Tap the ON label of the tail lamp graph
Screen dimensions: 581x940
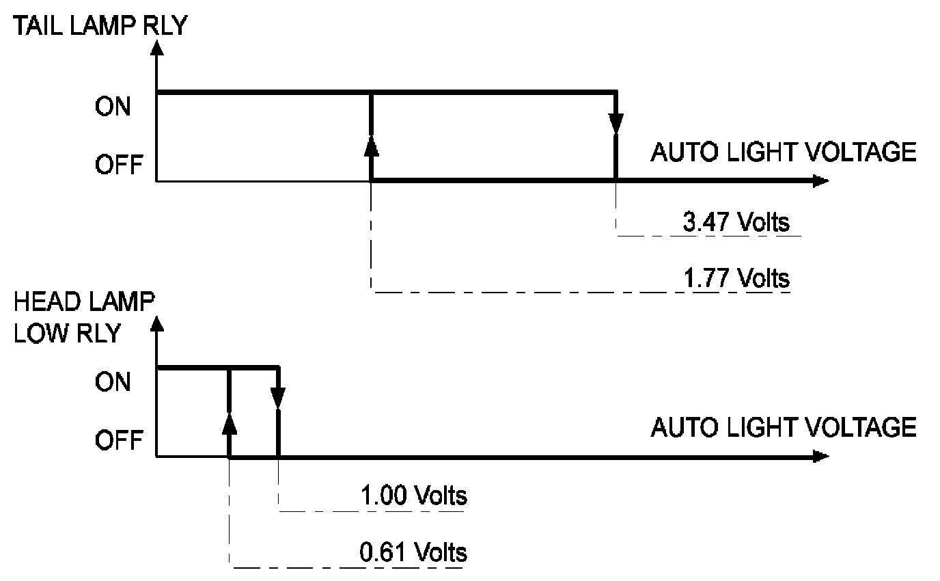tap(113, 107)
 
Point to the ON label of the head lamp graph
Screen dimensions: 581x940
tap(113, 382)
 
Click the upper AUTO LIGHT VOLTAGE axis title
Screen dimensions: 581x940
tap(783, 152)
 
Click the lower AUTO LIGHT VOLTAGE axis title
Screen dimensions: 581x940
tap(783, 427)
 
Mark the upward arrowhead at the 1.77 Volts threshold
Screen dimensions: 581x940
tap(371, 146)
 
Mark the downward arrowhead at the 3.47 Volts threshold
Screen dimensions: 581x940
tap(616, 124)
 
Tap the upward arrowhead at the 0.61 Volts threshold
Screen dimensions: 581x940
tap(230, 422)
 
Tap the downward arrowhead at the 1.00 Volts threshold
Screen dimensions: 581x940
tap(278, 397)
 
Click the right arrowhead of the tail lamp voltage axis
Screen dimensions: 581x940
tap(820, 182)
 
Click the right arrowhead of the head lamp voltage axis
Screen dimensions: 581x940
tap(820, 456)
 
